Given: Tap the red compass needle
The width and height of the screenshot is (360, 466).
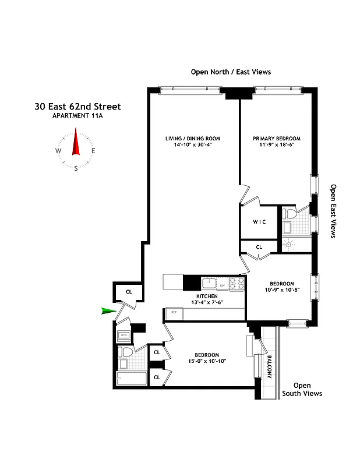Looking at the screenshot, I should tap(76, 144).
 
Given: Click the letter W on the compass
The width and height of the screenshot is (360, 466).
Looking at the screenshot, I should tap(58, 151).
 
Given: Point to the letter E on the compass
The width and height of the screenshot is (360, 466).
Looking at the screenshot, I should tap(93, 151).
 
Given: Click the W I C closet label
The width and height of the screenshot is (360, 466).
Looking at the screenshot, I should tap(259, 221).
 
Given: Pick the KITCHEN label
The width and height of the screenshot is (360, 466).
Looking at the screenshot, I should tap(207, 296).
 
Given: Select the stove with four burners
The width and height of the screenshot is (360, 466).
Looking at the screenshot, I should tap(236, 284).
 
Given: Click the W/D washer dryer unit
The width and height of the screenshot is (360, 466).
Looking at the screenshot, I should tap(123, 335).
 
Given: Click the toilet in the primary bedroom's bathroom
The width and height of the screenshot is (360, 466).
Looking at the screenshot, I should tap(289, 214).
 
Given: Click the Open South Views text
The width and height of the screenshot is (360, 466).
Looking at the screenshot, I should tap(302, 389).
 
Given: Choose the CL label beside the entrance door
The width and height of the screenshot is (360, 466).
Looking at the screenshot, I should tap(129, 292).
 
